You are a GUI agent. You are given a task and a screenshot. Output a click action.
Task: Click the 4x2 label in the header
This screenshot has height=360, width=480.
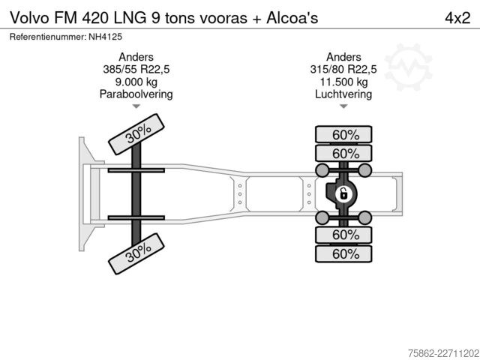[457, 18]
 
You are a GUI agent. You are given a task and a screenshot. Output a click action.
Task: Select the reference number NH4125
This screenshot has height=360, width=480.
[105, 37]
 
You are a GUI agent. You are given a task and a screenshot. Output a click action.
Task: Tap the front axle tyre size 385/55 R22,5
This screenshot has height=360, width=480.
[136, 70]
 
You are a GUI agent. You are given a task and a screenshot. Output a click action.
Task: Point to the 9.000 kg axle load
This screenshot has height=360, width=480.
[136, 82]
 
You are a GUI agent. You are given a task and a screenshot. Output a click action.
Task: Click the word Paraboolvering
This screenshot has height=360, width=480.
[136, 94]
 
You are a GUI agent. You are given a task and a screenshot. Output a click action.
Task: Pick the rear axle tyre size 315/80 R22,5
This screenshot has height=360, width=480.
[343, 70]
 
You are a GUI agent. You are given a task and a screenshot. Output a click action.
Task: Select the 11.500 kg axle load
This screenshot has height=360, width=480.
[343, 82]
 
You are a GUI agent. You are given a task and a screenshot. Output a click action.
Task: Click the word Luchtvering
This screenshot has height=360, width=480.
[343, 94]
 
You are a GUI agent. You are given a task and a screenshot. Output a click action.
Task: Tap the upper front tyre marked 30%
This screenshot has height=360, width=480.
[136, 134]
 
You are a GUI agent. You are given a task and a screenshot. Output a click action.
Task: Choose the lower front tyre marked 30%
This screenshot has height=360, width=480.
[136, 253]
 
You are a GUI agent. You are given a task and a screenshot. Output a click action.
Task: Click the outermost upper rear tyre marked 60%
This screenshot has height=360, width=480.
[343, 134]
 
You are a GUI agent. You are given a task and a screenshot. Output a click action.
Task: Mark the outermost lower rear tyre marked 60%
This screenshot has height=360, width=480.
[343, 253]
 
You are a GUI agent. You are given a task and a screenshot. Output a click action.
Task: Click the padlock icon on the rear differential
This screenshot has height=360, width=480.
[343, 194]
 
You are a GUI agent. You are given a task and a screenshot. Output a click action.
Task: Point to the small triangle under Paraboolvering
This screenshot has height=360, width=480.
[136, 106]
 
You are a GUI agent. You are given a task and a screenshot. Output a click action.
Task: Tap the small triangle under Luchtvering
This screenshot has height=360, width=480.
[343, 106]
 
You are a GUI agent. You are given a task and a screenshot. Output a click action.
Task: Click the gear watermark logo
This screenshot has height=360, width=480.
[408, 67]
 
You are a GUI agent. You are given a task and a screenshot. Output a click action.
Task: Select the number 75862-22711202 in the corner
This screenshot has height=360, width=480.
[443, 353]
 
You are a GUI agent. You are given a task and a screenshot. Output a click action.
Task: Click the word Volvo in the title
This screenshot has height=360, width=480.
[29, 18]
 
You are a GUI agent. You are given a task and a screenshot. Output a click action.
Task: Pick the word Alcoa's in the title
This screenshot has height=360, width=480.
[292, 18]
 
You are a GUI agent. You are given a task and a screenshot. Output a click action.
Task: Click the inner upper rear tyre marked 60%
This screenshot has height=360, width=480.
[343, 153]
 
